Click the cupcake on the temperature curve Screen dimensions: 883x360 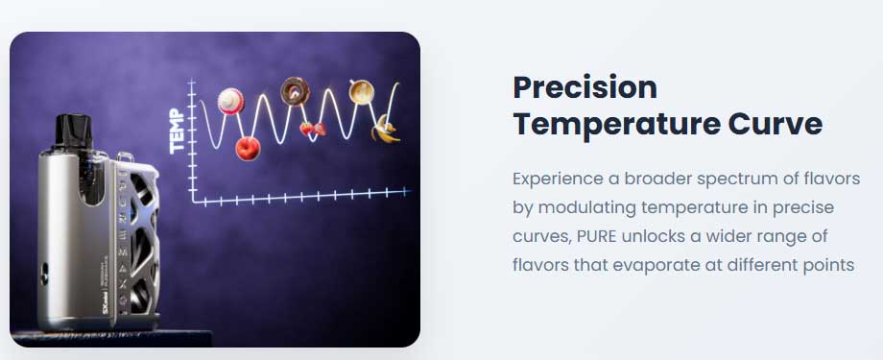pyautogui.click(x=231, y=102)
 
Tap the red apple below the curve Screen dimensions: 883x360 pyautogui.click(x=248, y=149)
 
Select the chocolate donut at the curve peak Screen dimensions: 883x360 pyautogui.click(x=295, y=90)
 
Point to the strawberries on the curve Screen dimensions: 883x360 pyautogui.click(x=313, y=129)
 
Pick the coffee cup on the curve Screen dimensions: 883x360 pyautogui.click(x=362, y=92)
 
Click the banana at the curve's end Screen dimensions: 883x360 pyautogui.click(x=385, y=129)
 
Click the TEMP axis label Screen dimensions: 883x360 pyautogui.click(x=177, y=132)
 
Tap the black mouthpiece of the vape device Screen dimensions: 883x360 pyautogui.click(x=72, y=132)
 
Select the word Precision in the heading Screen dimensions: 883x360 pyautogui.click(x=585, y=87)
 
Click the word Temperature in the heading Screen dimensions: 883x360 pyautogui.click(x=616, y=124)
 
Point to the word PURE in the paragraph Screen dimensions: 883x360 pyautogui.click(x=597, y=236)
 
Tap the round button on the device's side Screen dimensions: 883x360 pyautogui.click(x=43, y=276)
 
